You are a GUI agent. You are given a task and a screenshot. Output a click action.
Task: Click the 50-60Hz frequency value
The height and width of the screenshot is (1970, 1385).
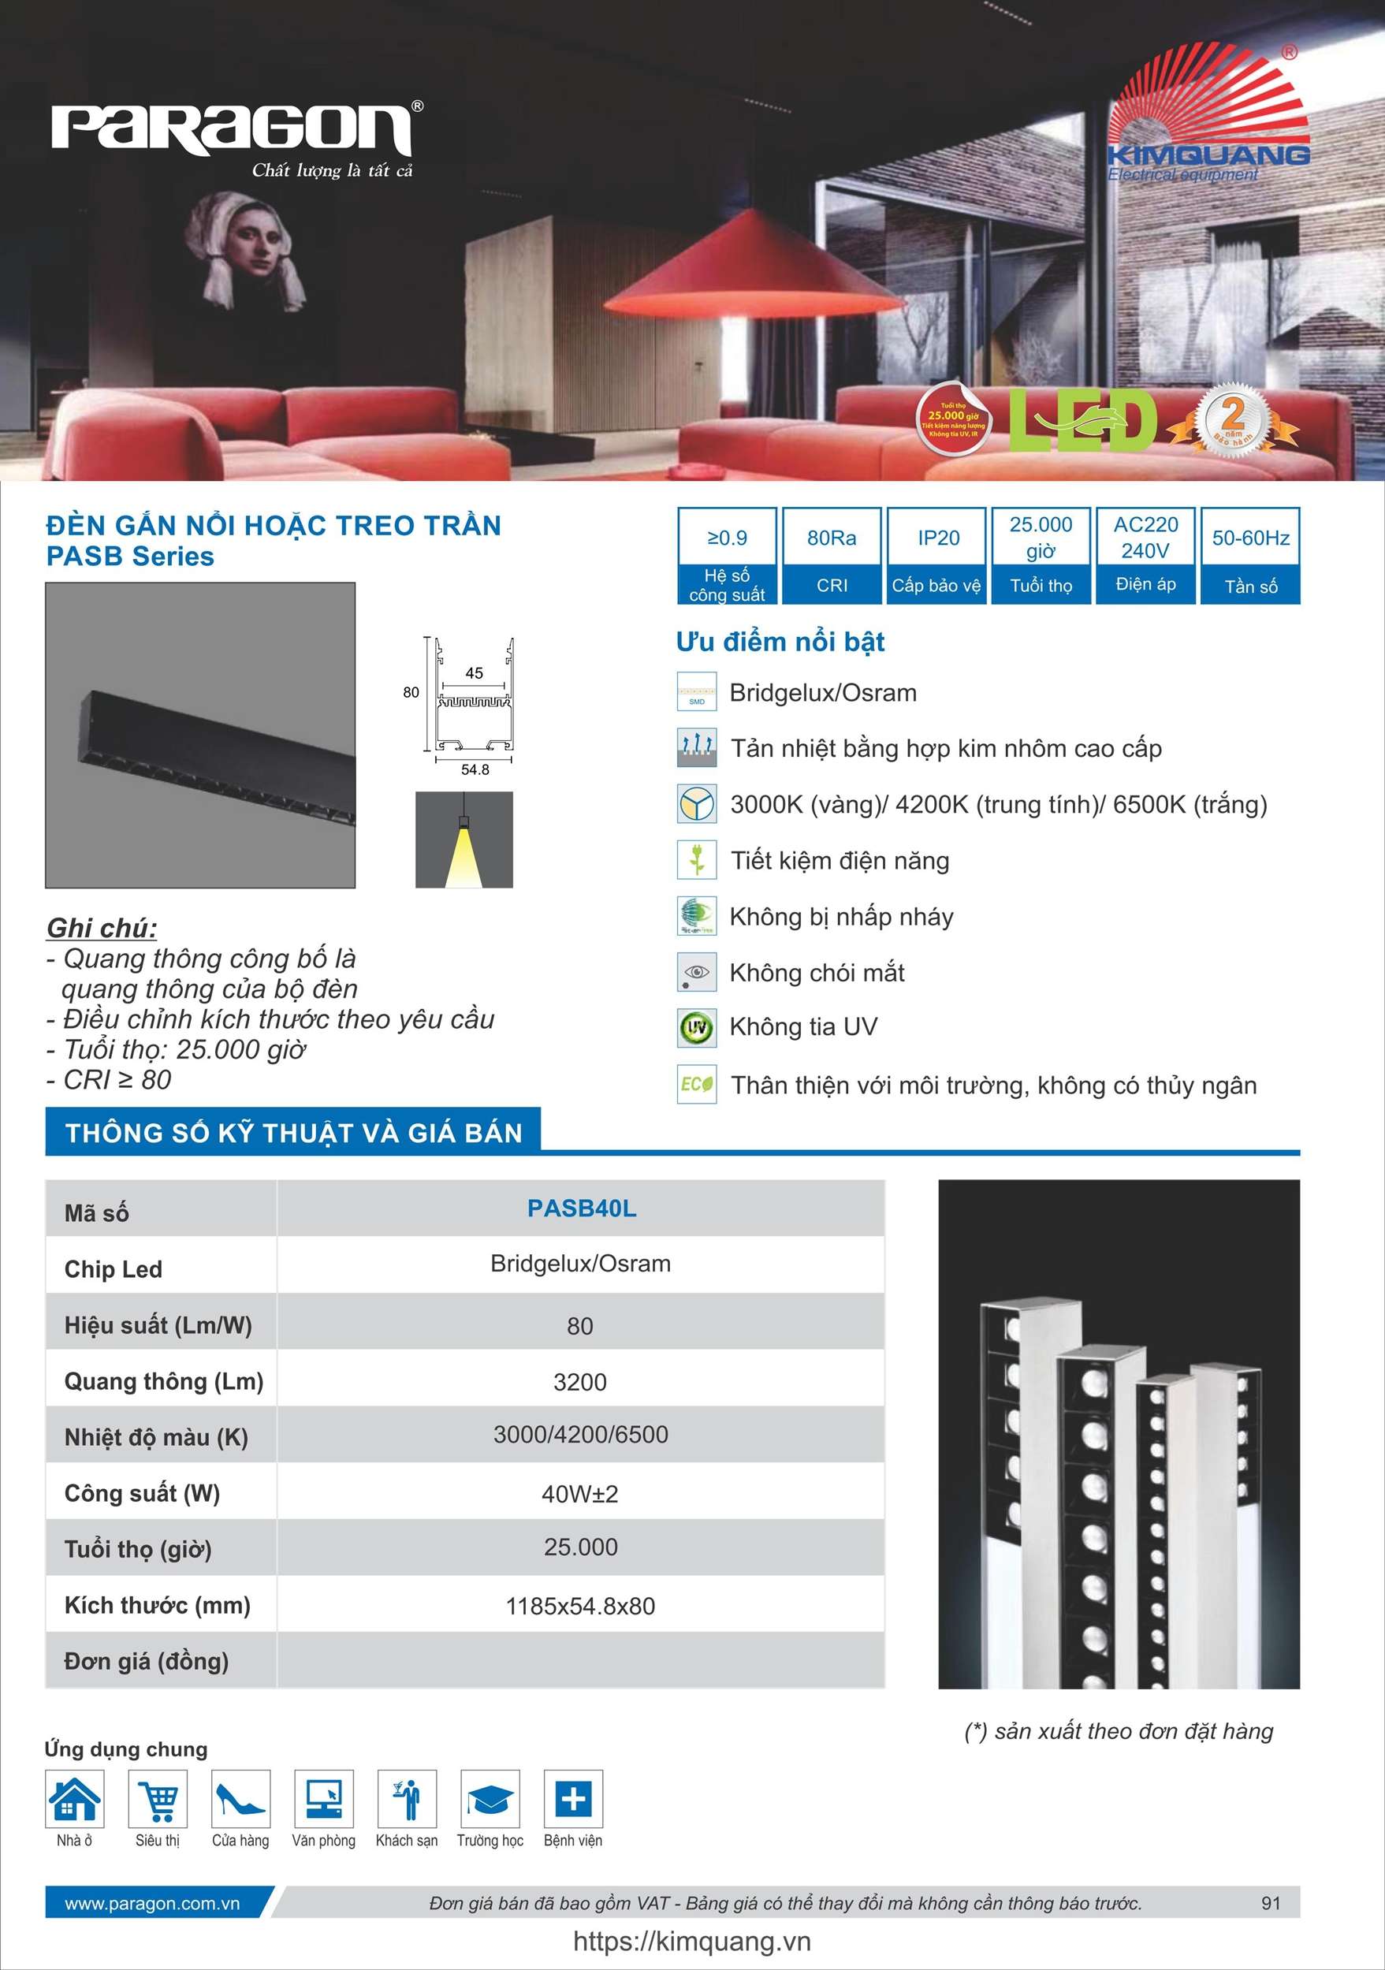1249,538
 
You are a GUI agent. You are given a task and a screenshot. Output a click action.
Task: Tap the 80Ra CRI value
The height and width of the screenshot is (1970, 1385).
831,538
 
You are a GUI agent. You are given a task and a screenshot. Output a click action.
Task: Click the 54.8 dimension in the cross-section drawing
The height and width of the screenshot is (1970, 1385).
475,769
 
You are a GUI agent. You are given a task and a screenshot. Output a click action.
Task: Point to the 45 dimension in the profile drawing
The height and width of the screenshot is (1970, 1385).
474,673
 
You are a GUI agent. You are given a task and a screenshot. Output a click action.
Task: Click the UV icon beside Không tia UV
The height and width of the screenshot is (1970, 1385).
696,1028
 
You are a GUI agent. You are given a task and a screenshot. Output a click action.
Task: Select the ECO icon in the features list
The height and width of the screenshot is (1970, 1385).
696,1085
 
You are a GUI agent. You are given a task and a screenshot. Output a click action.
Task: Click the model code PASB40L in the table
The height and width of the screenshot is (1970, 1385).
581,1208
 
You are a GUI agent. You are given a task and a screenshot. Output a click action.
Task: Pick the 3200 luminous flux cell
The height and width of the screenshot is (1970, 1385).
580,1382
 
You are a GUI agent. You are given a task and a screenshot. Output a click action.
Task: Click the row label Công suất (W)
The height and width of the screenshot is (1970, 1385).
143,1494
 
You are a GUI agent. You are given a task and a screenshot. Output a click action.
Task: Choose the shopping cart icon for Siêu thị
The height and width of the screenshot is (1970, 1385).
158,1798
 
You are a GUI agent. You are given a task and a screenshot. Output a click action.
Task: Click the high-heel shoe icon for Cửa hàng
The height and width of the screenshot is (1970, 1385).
240,1798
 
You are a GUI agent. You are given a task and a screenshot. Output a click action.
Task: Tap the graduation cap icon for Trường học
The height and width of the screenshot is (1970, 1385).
490,1798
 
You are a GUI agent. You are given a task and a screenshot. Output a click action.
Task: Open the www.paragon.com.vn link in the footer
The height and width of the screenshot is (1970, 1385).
152,1903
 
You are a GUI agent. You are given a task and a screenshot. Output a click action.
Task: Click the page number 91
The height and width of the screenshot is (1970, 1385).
1270,1903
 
